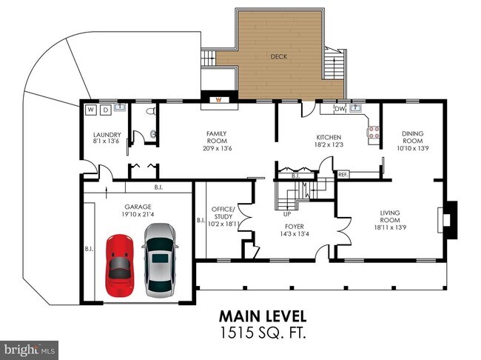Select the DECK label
click(x=279, y=56)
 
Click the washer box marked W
click(x=91, y=110)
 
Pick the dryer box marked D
click(x=105, y=110)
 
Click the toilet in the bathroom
click(x=151, y=112)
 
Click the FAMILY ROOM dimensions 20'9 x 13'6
click(x=216, y=147)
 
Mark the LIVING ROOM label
click(x=389, y=216)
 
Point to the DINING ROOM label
click(x=413, y=137)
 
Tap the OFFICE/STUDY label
click(x=223, y=212)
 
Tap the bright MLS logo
click(x=30, y=347)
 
